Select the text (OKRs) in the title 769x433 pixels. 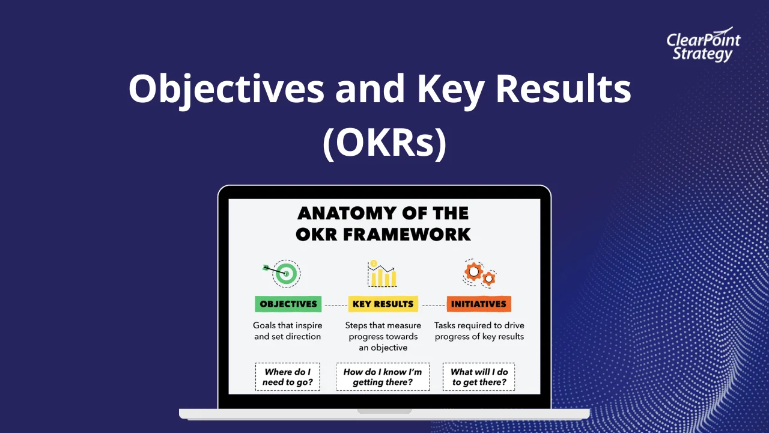pos(384,143)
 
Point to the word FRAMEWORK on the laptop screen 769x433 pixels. pos(415,234)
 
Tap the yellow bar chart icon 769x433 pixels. pos(383,274)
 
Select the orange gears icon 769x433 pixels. pos(479,274)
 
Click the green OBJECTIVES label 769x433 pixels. pos(288,304)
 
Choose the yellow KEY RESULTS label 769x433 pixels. pos(383,304)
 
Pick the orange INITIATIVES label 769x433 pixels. pos(479,304)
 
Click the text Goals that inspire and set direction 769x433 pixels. pos(287,331)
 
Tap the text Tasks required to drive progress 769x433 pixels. pos(479,331)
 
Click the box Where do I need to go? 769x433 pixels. pos(287,377)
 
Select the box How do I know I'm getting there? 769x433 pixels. pos(383,377)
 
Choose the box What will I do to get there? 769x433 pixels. pos(479,377)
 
